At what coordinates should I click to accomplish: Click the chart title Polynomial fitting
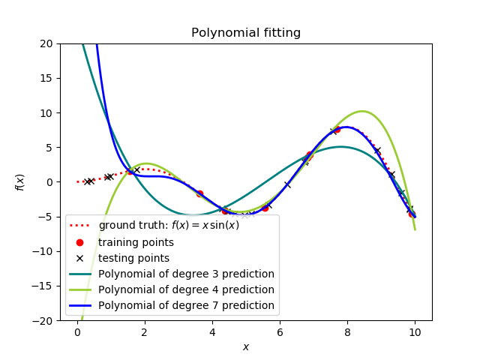(x=246, y=33)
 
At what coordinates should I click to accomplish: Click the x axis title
(x=246, y=346)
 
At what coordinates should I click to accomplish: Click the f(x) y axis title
(x=20, y=182)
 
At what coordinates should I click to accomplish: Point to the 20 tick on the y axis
(x=46, y=43)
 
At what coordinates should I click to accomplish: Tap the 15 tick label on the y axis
(x=46, y=78)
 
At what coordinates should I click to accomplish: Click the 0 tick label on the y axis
(x=49, y=182)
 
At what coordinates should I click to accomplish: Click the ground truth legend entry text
(x=169, y=225)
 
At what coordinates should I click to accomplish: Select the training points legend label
(x=136, y=242)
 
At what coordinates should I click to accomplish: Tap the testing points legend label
(x=133, y=258)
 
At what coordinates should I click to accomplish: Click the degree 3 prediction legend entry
(x=186, y=274)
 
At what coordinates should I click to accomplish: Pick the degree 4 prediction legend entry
(x=186, y=289)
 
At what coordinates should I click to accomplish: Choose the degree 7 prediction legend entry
(x=186, y=305)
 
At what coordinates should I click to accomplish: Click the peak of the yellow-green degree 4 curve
(x=362, y=112)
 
